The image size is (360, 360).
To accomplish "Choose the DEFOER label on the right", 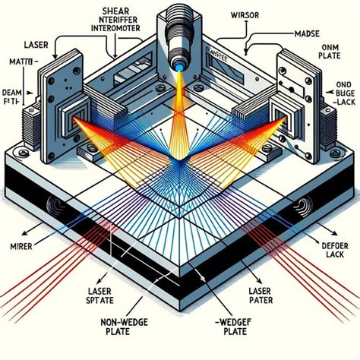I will pyautogui.click(x=333, y=246).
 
